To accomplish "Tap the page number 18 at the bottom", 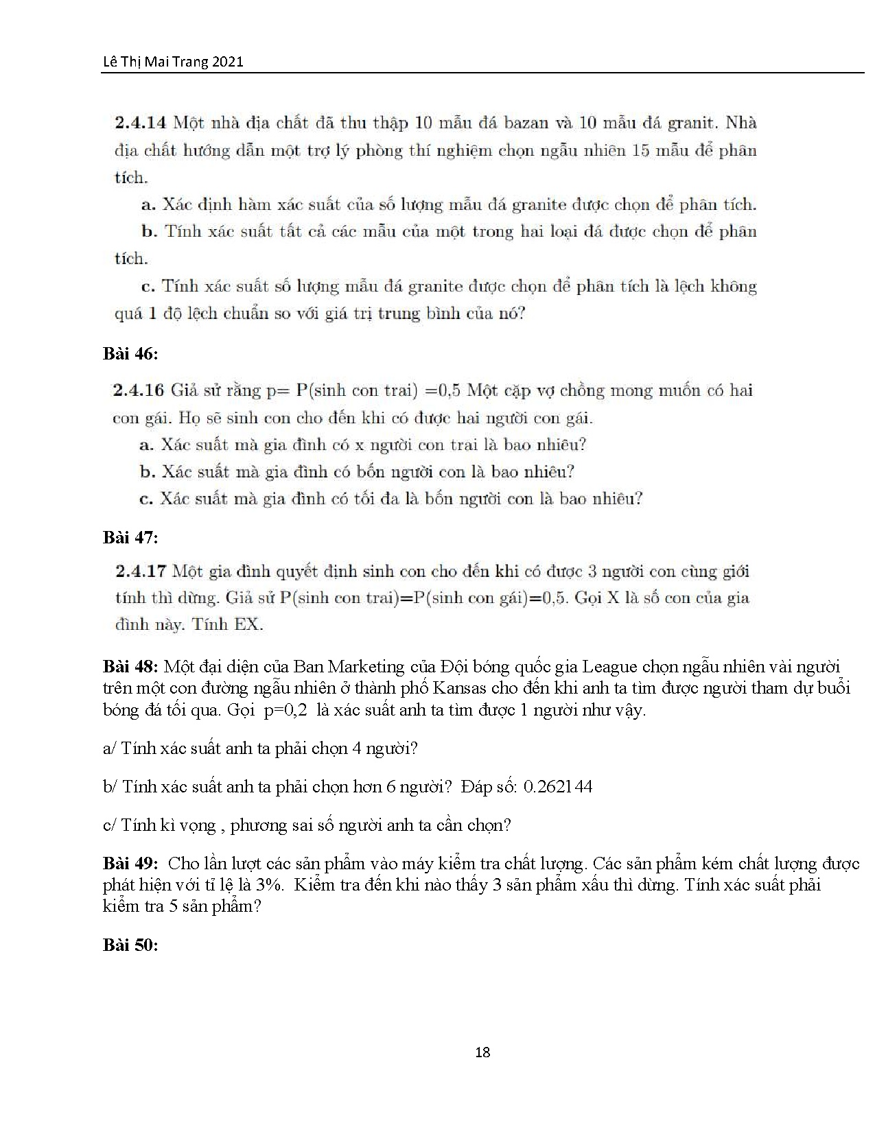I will [482, 1052].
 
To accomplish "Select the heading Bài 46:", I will [130, 354].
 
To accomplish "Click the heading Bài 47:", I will [130, 537].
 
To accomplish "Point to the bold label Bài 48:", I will [131, 666].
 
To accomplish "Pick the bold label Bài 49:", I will [131, 863].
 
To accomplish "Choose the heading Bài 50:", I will [130, 945].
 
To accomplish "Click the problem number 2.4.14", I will [141, 123].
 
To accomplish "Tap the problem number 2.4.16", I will [138, 391].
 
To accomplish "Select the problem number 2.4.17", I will [141, 571].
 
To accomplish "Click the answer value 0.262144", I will [557, 786].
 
